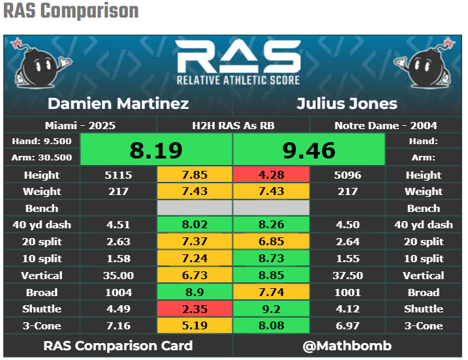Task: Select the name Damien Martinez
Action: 118,104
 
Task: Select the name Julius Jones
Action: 347,104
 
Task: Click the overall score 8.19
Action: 156,150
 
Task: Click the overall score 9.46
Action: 309,150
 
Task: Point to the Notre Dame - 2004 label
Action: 385,125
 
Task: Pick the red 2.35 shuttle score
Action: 195,309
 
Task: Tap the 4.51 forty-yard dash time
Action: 118,225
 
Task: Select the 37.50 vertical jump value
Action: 347,275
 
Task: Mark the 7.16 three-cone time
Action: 118,325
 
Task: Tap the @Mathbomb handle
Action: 347,346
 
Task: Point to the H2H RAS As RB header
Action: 232,125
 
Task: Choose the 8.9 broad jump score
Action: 195,292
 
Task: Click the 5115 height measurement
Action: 118,175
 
